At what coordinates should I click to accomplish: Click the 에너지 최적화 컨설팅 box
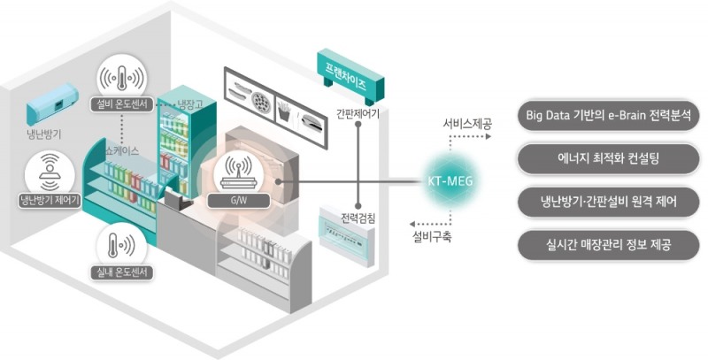pos(611,159)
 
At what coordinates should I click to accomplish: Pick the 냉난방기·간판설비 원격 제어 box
pos(611,202)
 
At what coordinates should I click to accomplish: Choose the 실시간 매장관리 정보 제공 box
pos(611,243)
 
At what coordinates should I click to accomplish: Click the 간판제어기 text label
pos(358,113)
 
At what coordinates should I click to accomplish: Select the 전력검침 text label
pos(358,218)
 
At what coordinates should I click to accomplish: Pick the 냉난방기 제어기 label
pos(50,199)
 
